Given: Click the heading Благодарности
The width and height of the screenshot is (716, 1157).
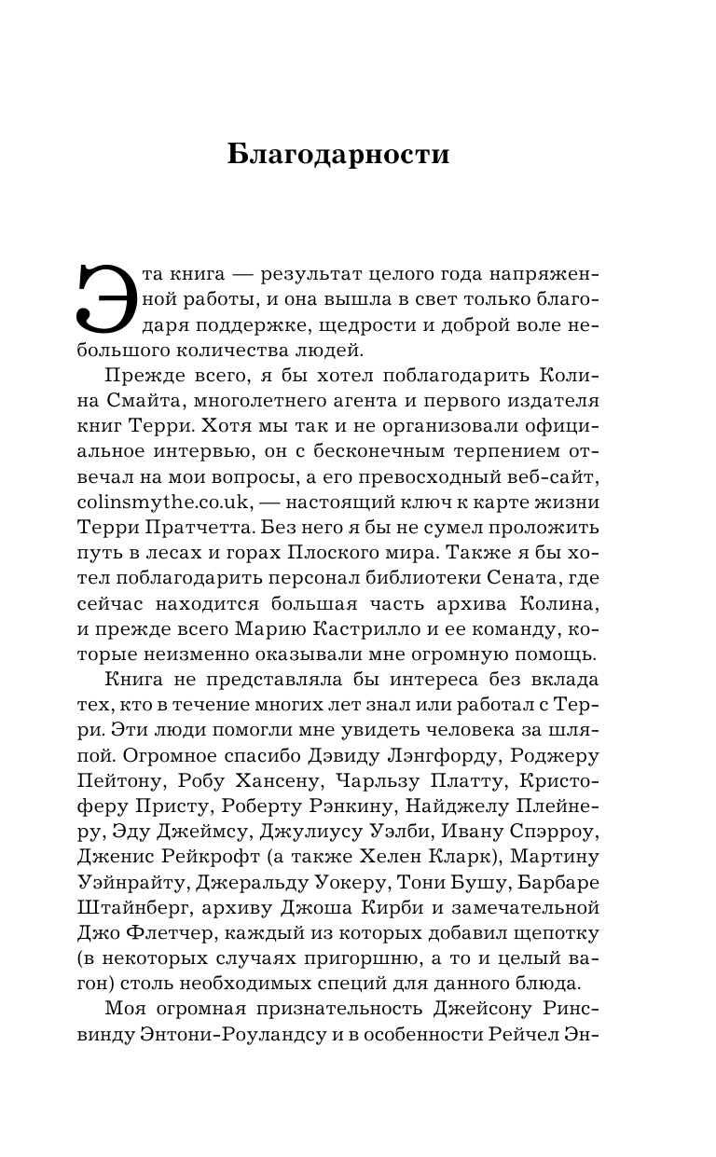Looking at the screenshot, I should pos(338,155).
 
